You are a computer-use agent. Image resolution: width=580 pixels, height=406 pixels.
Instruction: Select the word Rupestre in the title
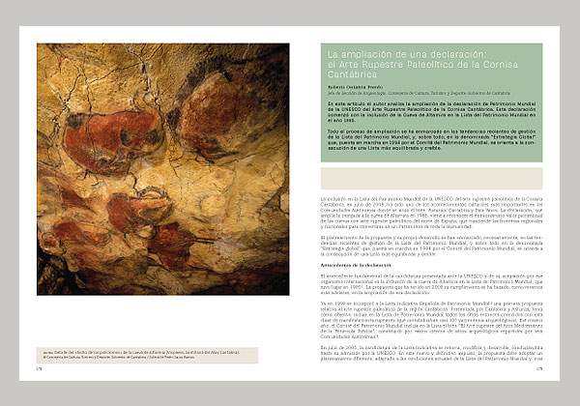374,64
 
